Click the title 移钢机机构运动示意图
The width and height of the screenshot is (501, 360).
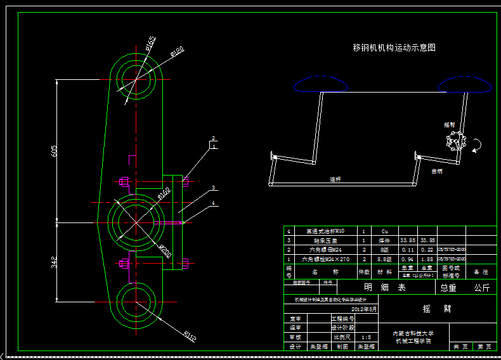(x=394, y=48)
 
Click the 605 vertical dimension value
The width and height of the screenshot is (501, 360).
(x=54, y=151)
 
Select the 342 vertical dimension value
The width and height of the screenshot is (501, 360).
(x=54, y=261)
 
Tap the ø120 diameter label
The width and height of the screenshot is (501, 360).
(x=178, y=51)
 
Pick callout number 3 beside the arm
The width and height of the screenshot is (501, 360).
(x=214, y=188)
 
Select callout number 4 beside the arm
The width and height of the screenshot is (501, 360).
(x=214, y=203)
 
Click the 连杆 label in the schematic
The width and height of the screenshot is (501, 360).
(x=335, y=180)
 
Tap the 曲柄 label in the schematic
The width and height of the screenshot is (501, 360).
(x=437, y=171)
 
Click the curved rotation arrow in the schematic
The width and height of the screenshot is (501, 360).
(x=477, y=146)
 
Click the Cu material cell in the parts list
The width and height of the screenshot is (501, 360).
(x=384, y=232)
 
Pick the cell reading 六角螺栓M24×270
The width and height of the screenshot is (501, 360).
(x=325, y=259)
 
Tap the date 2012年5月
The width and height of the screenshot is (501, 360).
(x=364, y=309)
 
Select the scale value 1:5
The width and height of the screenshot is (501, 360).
(x=366, y=337)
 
